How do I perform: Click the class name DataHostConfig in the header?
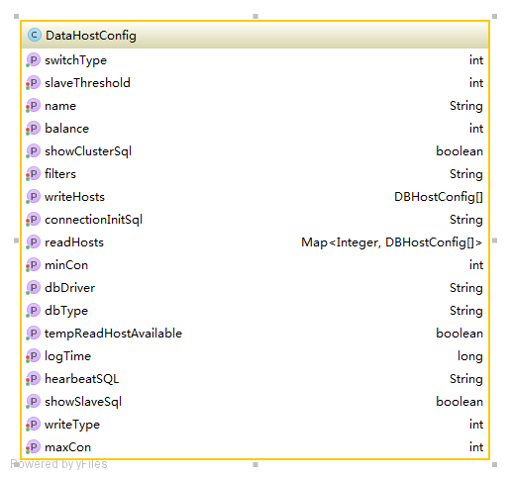click(x=91, y=36)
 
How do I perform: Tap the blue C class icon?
click(x=35, y=35)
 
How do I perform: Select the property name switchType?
click(x=75, y=60)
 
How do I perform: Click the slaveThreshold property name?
click(x=87, y=83)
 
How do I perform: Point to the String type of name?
click(x=466, y=106)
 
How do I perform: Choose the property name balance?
click(x=66, y=129)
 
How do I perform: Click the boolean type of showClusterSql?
click(x=459, y=151)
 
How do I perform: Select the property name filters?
click(x=60, y=174)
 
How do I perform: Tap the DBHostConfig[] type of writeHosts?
click(x=439, y=197)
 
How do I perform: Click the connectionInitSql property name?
click(x=93, y=220)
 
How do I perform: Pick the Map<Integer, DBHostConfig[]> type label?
click(x=392, y=242)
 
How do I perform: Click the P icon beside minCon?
click(x=33, y=265)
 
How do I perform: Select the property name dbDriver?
click(x=69, y=288)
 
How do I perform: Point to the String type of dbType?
click(x=466, y=311)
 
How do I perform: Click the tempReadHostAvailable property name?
click(x=113, y=334)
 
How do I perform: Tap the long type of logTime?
click(x=470, y=356)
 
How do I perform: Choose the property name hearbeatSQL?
click(x=81, y=379)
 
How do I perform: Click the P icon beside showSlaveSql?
click(x=33, y=402)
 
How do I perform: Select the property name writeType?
click(x=72, y=425)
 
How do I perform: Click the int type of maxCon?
click(x=476, y=447)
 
